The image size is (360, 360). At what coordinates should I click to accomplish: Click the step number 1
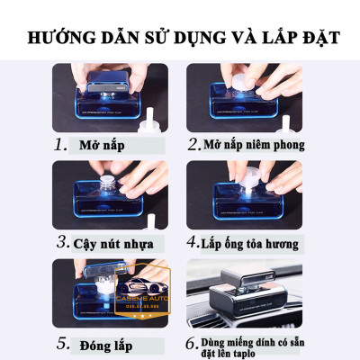point(59,143)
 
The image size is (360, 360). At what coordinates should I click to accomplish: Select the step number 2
point(193,144)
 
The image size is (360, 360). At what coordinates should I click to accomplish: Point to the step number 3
point(62,241)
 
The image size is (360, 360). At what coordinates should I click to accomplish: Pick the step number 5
point(60,342)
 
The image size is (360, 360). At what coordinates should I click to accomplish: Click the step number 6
point(193,342)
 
